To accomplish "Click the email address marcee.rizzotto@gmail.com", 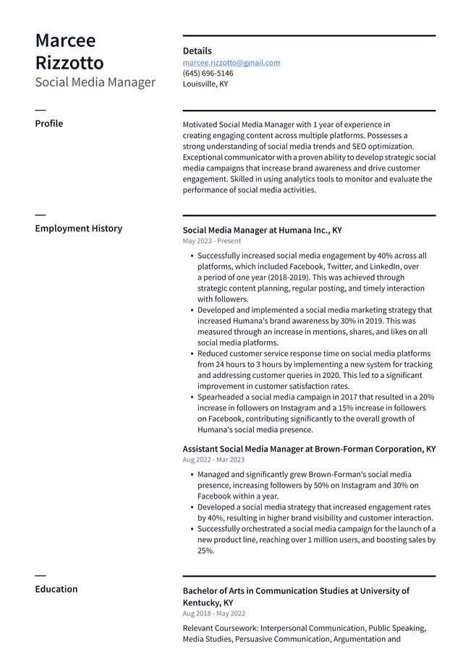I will pyautogui.click(x=231, y=63).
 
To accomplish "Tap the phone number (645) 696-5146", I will pyautogui.click(x=208, y=74).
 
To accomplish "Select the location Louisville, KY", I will pyautogui.click(x=205, y=84).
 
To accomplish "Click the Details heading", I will pyautogui.click(x=197, y=51).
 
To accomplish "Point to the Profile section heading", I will pyautogui.click(x=48, y=124).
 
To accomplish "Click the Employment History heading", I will pyautogui.click(x=78, y=228).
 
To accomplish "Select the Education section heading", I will pyautogui.click(x=56, y=589).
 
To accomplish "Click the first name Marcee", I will pyautogui.click(x=65, y=40).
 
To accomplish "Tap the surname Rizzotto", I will pyautogui.click(x=69, y=63).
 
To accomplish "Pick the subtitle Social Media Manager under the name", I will pyautogui.click(x=95, y=82).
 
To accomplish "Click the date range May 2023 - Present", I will pyautogui.click(x=212, y=241).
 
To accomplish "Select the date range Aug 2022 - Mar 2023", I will pyautogui.click(x=213, y=460).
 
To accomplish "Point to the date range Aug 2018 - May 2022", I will pyautogui.click(x=213, y=614).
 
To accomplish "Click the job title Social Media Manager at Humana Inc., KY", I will pyautogui.click(x=262, y=231).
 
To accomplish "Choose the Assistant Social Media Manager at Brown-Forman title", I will pyautogui.click(x=309, y=449).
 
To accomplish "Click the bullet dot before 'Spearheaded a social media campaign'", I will pyautogui.click(x=192, y=397).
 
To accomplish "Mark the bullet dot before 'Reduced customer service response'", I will pyautogui.click(x=192, y=354).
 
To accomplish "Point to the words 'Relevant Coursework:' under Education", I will pyautogui.click(x=220, y=628).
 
